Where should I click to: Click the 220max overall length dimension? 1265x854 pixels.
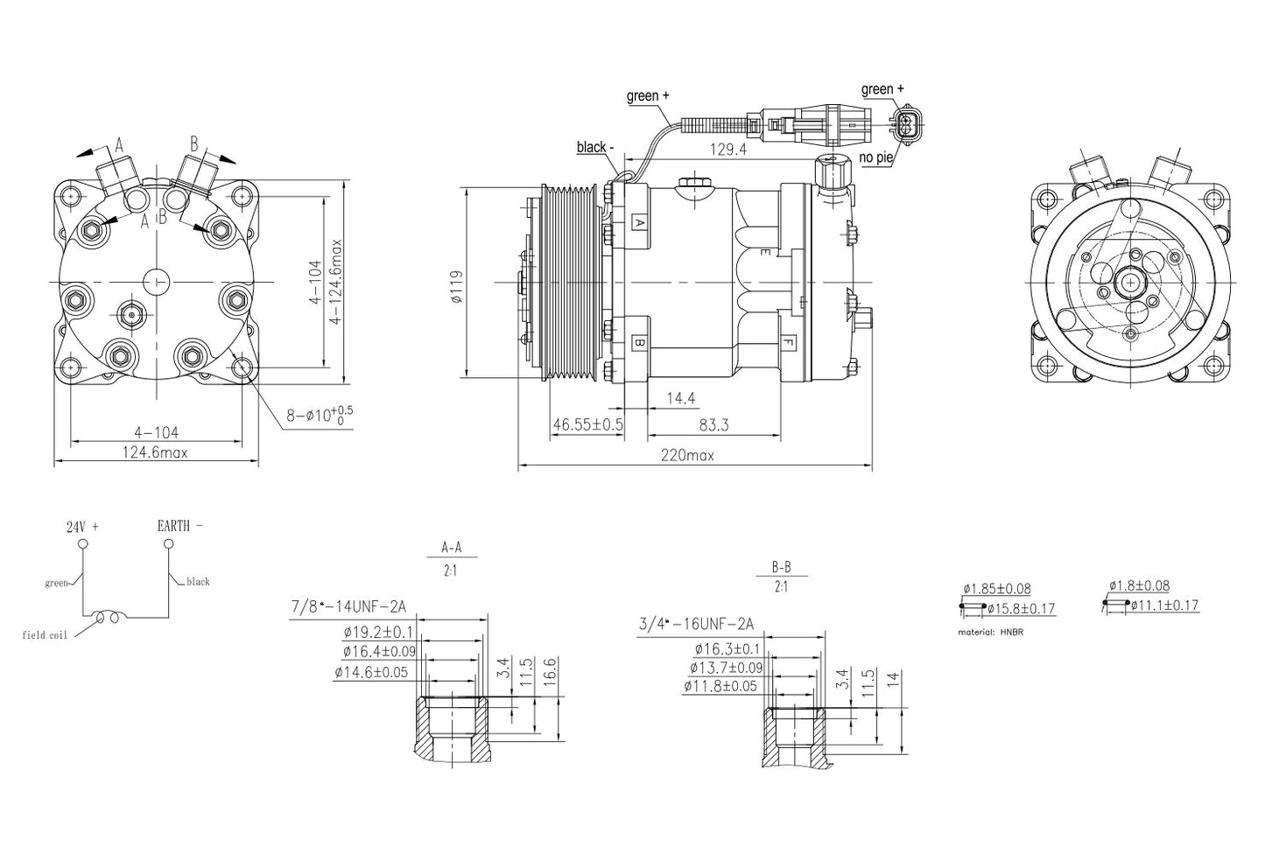click(687, 455)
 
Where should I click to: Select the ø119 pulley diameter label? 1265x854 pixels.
click(458, 286)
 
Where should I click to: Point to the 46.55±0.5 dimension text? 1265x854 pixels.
click(588, 424)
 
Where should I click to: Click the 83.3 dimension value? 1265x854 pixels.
click(713, 424)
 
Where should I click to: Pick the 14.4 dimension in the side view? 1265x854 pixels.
click(680, 398)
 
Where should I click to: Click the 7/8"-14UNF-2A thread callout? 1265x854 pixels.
click(348, 606)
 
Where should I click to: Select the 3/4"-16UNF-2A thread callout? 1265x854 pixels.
click(696, 624)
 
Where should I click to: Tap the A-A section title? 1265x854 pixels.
click(451, 547)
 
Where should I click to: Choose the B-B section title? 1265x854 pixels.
click(782, 567)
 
